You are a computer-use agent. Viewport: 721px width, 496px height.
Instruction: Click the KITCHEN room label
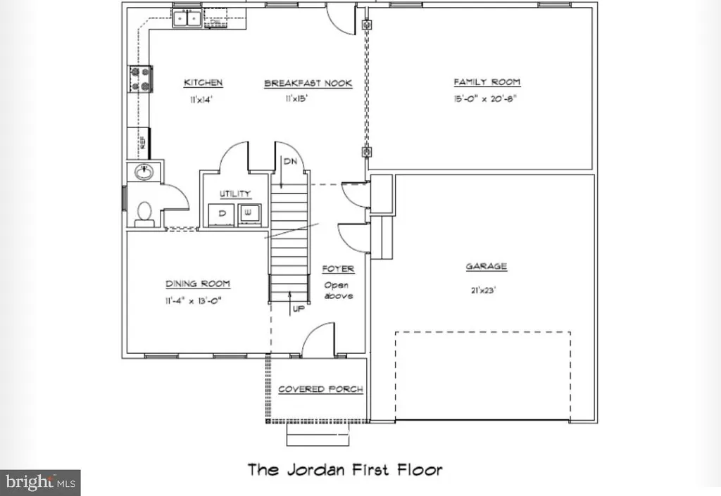pyautogui.click(x=203, y=83)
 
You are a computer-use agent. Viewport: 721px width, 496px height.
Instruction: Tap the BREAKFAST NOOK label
pyautogui.click(x=308, y=84)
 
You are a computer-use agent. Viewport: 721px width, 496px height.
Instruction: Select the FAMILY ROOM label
pyautogui.click(x=487, y=82)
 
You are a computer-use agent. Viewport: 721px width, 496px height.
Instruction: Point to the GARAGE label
pyautogui.click(x=486, y=267)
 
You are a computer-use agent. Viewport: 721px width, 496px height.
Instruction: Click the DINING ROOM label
pyautogui.click(x=198, y=284)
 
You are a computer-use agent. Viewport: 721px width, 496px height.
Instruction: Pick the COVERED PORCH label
pyautogui.click(x=320, y=389)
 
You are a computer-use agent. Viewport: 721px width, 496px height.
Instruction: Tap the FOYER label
pyautogui.click(x=338, y=269)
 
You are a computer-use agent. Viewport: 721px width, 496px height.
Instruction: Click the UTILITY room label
pyautogui.click(x=234, y=194)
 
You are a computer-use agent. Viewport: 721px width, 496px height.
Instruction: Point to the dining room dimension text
pyautogui.click(x=198, y=301)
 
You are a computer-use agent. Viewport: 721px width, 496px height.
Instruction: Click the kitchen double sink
pyautogui.click(x=187, y=18)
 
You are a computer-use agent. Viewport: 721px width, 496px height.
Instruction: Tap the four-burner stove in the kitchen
pyautogui.click(x=139, y=79)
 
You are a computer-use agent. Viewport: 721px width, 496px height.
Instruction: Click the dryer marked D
pyautogui.click(x=222, y=213)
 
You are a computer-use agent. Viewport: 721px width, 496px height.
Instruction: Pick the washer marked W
pyautogui.click(x=249, y=213)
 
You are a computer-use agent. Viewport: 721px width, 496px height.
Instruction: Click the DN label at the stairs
pyautogui.click(x=289, y=161)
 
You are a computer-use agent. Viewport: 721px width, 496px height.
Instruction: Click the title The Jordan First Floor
pyautogui.click(x=344, y=469)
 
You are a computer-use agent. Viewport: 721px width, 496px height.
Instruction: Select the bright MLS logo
pyautogui.click(x=40, y=483)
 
